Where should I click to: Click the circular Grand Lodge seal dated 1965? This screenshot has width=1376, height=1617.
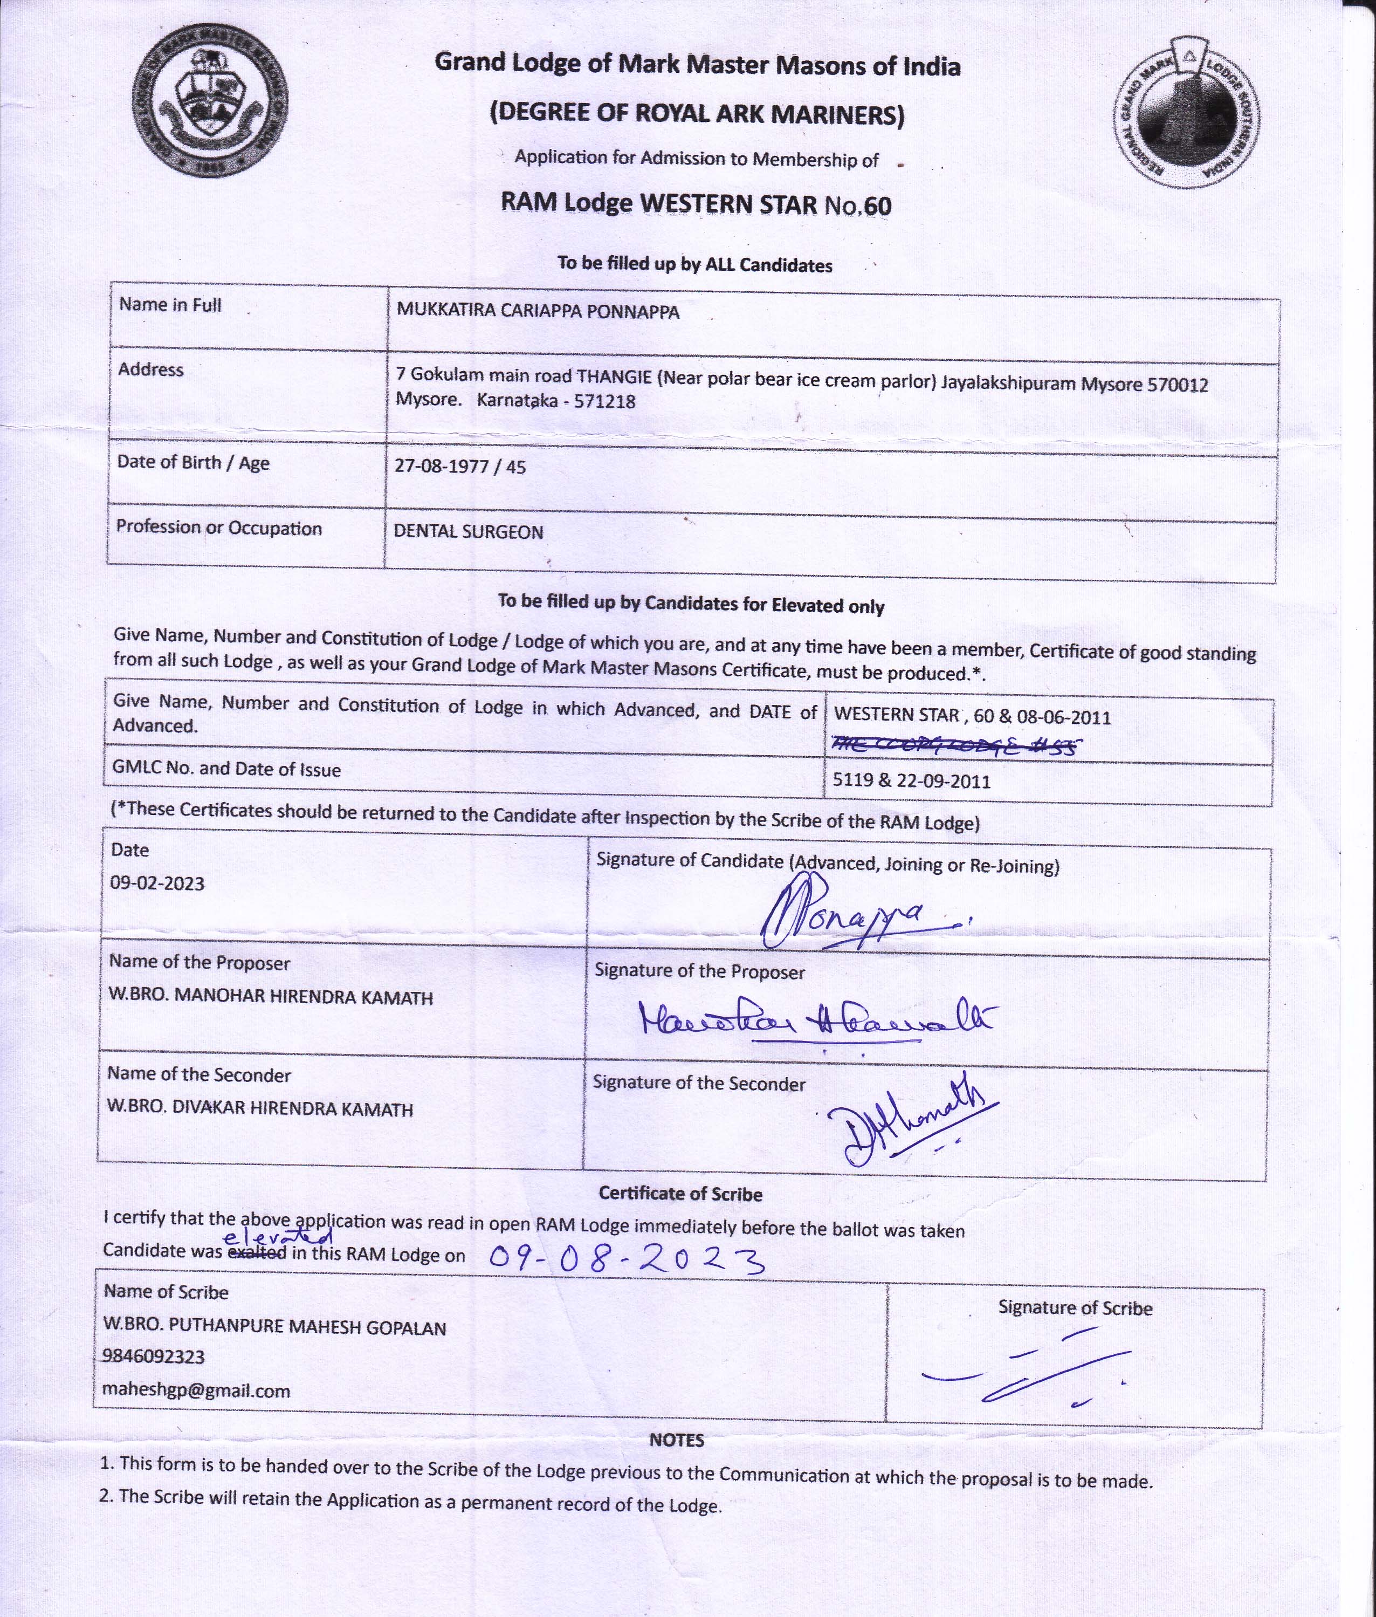[209, 106]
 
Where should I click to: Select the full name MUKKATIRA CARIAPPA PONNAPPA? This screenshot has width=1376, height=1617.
[538, 311]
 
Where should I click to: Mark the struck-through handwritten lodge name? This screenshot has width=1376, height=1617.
[955, 745]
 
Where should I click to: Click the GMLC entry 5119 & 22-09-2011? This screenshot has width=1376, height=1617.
[911, 781]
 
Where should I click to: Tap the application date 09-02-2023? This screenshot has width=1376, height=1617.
[157, 883]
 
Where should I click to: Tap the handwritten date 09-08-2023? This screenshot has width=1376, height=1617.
[625, 1258]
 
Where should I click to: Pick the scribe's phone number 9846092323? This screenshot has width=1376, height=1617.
[153, 1356]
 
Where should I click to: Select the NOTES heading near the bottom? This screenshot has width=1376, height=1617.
[676, 1441]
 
